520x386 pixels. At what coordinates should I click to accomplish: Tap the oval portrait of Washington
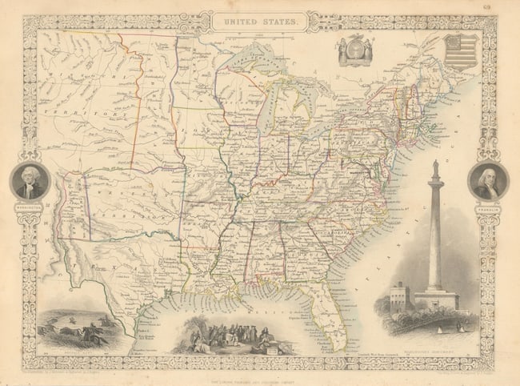click(30, 181)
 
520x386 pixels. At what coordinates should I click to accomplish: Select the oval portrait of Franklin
click(487, 180)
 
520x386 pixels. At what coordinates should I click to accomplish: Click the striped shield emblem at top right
click(461, 50)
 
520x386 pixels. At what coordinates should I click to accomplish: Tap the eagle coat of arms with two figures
click(356, 50)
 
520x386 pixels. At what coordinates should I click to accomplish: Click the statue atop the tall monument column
click(434, 166)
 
